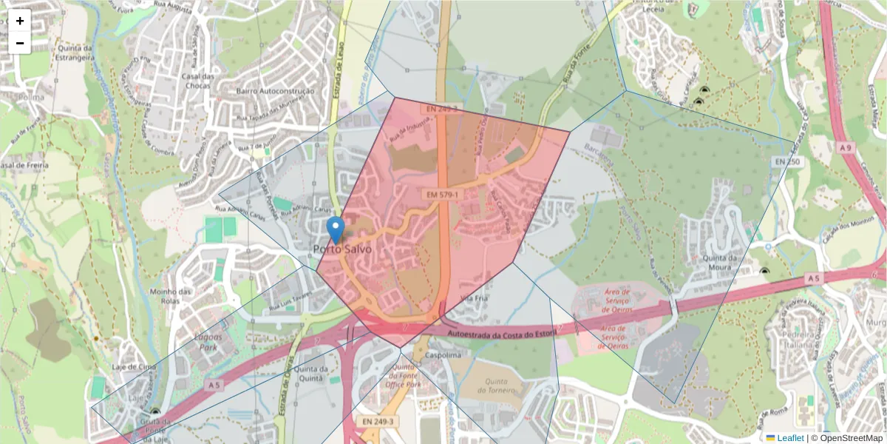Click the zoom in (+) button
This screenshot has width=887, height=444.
pyautogui.click(x=20, y=21)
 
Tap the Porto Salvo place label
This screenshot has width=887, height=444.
pyautogui.click(x=341, y=249)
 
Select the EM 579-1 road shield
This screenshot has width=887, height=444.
pyautogui.click(x=442, y=195)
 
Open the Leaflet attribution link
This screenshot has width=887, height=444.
pyautogui.click(x=790, y=438)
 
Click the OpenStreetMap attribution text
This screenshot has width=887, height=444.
pyautogui.click(x=846, y=438)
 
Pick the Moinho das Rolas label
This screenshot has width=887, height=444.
pyautogui.click(x=169, y=296)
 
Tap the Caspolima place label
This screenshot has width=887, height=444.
pyautogui.click(x=441, y=355)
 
